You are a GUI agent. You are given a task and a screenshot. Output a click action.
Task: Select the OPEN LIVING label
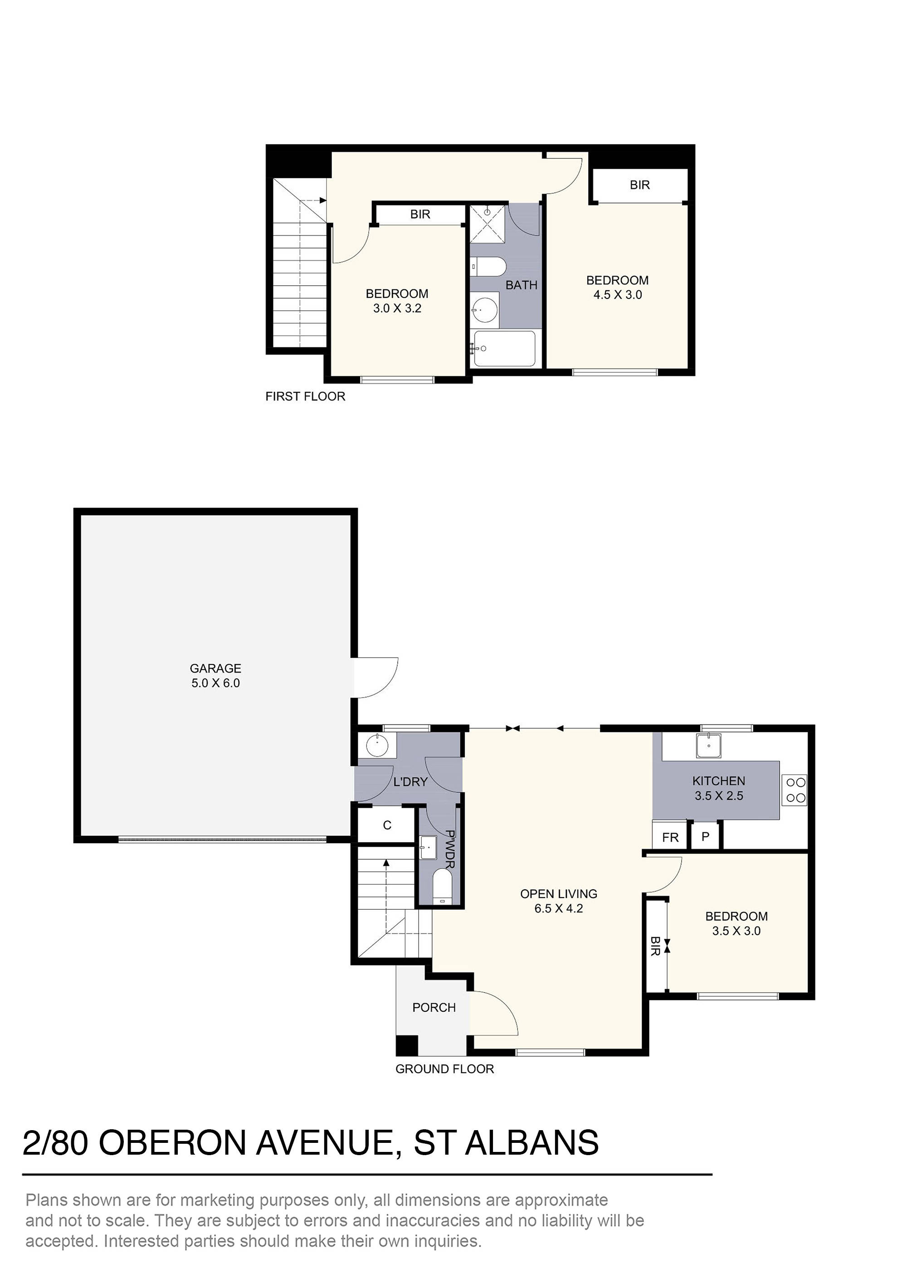[558, 893]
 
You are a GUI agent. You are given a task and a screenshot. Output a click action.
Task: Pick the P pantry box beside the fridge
[705, 837]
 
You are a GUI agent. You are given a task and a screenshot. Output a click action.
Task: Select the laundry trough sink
[377, 746]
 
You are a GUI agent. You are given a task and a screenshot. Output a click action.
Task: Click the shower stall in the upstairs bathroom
[488, 224]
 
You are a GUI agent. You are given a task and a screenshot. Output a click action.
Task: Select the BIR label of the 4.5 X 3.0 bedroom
[639, 185]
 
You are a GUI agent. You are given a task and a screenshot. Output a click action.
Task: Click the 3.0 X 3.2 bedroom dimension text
[397, 308]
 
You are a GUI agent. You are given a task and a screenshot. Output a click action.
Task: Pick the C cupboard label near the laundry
[387, 825]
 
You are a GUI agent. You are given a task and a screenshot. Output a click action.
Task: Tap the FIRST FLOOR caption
[305, 396]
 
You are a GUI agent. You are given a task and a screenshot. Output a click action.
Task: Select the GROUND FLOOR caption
[444, 1069]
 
